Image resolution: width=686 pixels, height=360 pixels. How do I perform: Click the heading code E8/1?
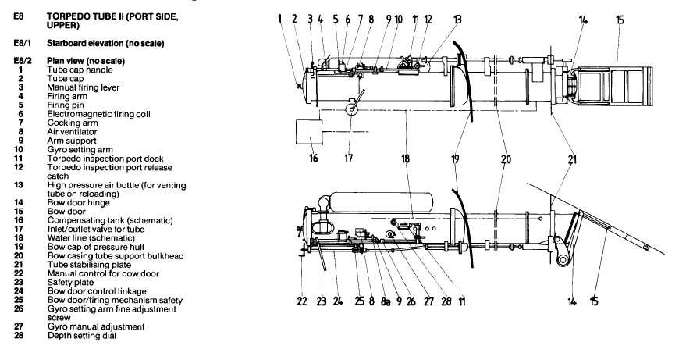click(x=23, y=43)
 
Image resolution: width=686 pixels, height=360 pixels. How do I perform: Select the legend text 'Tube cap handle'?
click(x=80, y=70)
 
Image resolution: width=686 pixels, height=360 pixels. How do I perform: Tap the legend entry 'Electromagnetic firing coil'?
click(x=98, y=114)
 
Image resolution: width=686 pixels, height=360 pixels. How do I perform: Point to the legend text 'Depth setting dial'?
click(x=82, y=336)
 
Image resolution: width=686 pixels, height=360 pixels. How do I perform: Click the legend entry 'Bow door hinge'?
click(x=78, y=203)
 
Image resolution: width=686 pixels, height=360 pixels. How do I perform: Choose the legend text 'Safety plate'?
click(x=70, y=283)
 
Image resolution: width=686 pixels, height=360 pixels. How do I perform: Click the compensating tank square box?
click(x=309, y=131)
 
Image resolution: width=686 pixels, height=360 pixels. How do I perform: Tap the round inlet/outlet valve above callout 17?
click(x=351, y=109)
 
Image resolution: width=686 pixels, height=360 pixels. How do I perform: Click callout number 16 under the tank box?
click(x=313, y=158)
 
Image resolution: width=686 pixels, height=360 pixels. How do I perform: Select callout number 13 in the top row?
click(x=457, y=20)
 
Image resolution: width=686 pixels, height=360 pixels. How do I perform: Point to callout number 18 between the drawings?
click(x=406, y=158)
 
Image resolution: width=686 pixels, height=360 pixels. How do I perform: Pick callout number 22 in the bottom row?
click(x=302, y=301)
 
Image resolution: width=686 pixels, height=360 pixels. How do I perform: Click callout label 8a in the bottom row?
click(x=385, y=301)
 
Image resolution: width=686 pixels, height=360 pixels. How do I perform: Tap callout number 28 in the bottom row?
click(x=446, y=301)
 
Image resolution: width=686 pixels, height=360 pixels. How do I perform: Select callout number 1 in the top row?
click(x=279, y=20)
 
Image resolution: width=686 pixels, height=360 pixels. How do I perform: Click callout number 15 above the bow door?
click(x=620, y=20)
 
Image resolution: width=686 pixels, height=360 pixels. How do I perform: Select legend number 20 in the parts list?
click(x=19, y=256)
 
